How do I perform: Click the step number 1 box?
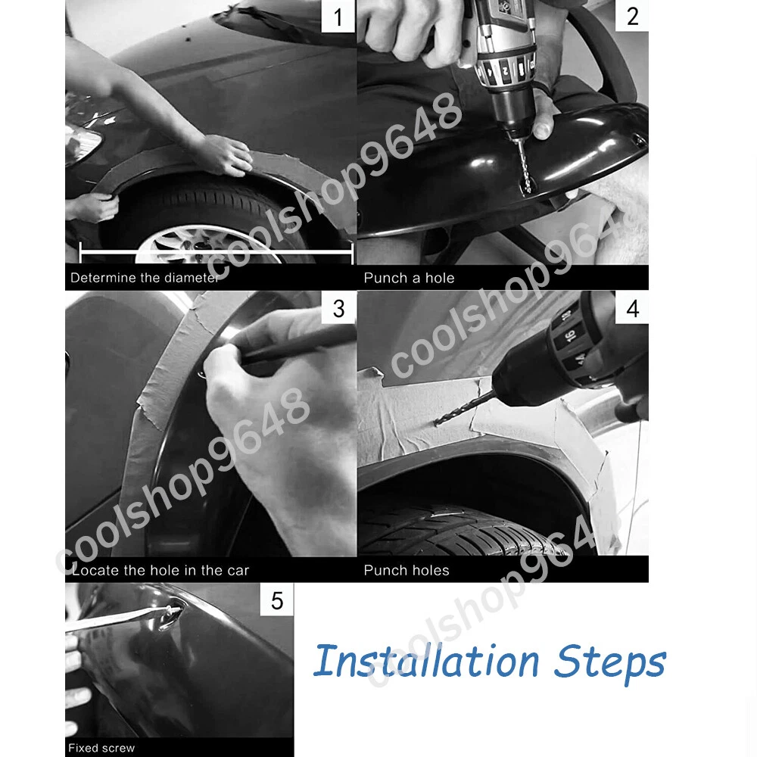(x=338, y=17)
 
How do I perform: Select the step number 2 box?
(x=632, y=16)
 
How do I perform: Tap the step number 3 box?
(x=338, y=308)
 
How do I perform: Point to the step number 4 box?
(x=632, y=308)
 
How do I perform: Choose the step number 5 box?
(x=276, y=600)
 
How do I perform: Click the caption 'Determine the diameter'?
(x=145, y=278)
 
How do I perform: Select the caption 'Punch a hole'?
(x=409, y=278)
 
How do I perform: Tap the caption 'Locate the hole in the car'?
(x=160, y=570)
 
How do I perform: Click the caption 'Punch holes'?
(x=406, y=570)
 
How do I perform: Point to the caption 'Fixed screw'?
(x=101, y=748)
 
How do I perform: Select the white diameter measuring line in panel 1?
(x=217, y=251)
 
